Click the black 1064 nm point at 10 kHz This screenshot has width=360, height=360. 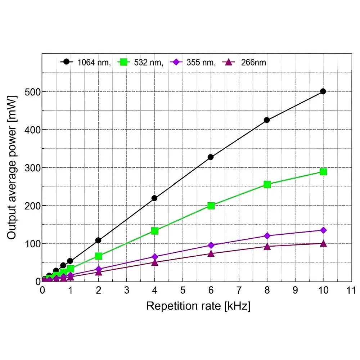tap(323, 91)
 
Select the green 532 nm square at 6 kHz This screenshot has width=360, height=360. tap(211, 206)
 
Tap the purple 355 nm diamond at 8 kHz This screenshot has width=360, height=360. tap(267, 236)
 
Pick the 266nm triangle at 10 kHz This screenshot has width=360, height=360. tap(323, 244)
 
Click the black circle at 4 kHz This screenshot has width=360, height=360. tap(154, 198)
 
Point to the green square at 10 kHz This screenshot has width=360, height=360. tap(323, 172)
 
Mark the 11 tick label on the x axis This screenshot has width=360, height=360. tap(351, 290)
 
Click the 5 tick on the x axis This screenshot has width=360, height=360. tap(183, 290)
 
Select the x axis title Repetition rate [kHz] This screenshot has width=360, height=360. tap(198, 306)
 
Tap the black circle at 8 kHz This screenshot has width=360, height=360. tap(267, 120)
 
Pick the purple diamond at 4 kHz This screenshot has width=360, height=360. tap(154, 257)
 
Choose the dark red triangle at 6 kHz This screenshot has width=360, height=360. tap(211, 254)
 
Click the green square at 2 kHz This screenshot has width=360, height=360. tap(98, 256)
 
